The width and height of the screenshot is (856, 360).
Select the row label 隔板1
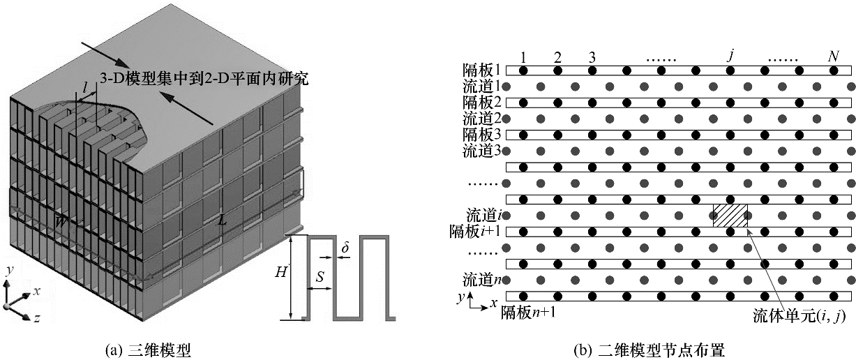[482, 70]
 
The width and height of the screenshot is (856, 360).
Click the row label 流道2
[482, 118]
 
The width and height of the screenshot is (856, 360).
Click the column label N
[833, 57]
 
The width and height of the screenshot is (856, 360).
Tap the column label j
[730, 55]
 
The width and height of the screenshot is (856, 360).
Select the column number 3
[592, 57]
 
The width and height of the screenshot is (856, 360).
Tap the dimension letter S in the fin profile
[319, 277]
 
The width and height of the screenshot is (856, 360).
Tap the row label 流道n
[482, 280]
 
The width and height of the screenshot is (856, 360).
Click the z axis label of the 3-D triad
[36, 318]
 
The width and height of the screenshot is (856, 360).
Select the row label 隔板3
[482, 133]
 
